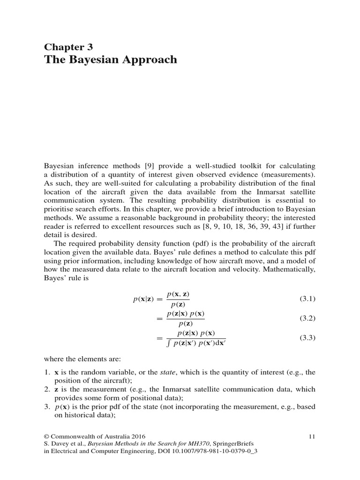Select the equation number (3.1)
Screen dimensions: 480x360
307,299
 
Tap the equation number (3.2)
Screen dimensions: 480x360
307,318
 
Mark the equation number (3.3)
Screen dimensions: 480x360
307,337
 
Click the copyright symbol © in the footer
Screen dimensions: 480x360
47,436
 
